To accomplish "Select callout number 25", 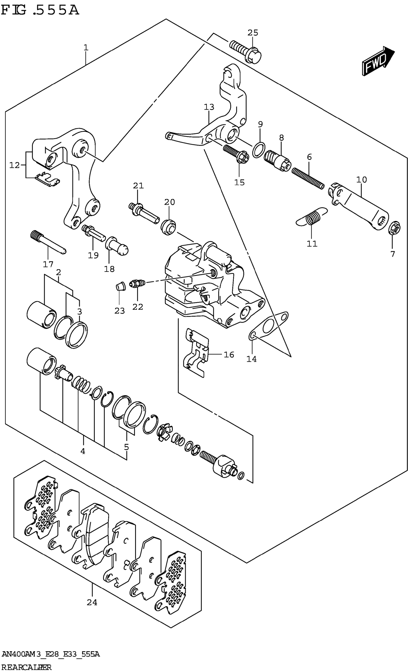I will pos(253,33).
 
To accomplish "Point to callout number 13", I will pos(209,107).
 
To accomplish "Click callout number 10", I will pos(361,180).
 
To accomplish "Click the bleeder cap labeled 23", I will pos(120,287).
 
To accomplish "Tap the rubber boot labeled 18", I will pos(117,245).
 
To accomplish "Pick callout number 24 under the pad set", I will pos(92,602).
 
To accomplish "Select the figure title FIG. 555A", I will pos(40,10).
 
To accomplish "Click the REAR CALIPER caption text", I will pos(26,667).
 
